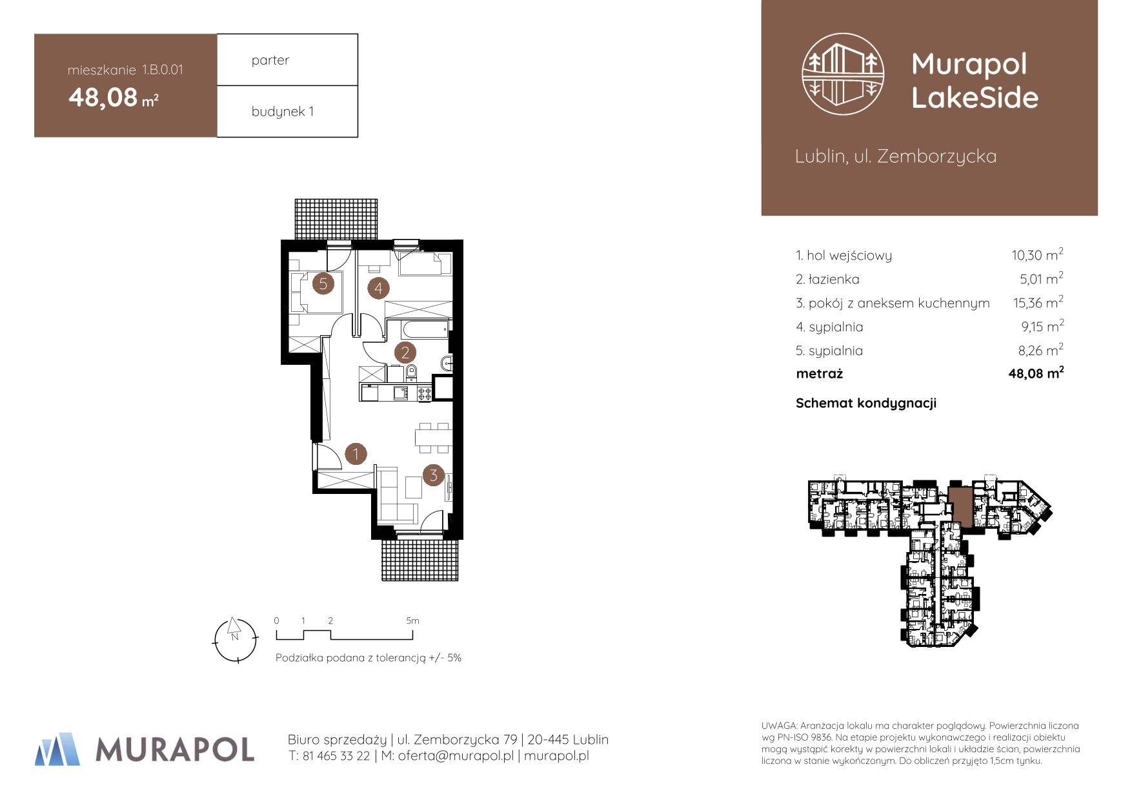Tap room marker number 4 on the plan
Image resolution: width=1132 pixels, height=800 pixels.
[x=379, y=288]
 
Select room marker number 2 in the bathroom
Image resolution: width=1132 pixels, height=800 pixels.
[x=406, y=353]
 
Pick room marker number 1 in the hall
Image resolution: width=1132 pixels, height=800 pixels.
[x=356, y=454]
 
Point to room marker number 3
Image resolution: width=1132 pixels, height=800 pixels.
[x=433, y=476]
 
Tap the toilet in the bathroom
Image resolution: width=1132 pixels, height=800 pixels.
[x=412, y=373]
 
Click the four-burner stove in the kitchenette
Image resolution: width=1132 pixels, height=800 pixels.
[x=425, y=393]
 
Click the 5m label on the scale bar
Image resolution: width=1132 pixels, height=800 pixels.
[x=412, y=621]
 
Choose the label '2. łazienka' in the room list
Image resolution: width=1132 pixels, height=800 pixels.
[x=827, y=280]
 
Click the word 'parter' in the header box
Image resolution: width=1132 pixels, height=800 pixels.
[x=270, y=60]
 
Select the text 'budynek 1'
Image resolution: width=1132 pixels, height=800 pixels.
[x=283, y=111]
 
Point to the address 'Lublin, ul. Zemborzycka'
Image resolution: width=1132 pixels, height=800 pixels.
[x=896, y=156]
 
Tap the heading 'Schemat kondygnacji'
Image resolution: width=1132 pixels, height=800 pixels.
[x=866, y=404]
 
